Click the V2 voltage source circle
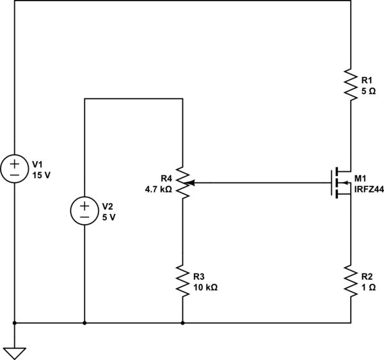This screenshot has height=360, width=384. tap(84, 211)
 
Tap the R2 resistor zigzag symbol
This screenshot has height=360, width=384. tap(351, 280)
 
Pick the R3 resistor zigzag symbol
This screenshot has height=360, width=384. tap(183, 280)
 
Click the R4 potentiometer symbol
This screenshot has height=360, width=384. tap(183, 183)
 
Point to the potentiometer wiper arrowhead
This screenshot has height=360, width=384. tap(191, 183)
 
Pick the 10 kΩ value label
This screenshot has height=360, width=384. tap(205, 288)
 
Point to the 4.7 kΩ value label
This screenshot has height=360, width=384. tap(159, 189)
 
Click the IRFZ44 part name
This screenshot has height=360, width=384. tap(369, 189)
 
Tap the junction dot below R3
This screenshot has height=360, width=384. tap(183, 323)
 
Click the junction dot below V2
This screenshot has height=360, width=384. tap(84, 323)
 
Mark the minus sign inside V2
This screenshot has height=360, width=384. tap(84, 217)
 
